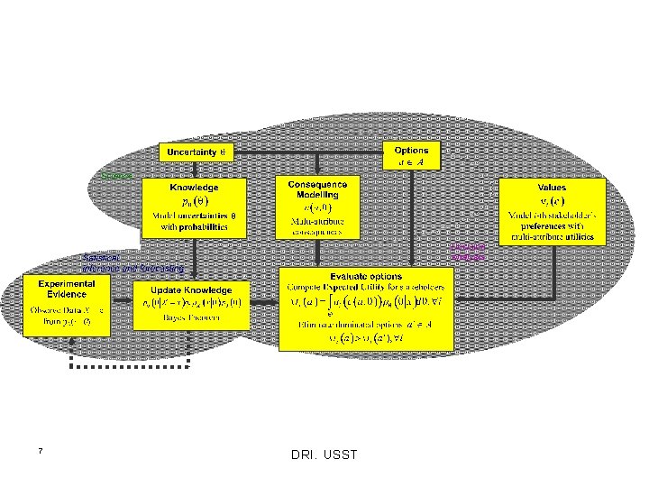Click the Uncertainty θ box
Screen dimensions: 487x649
[x=197, y=152]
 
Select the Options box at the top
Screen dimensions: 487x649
[x=411, y=155]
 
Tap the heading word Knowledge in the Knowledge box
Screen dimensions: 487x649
[x=194, y=187]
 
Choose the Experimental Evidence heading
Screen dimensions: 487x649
[x=67, y=289]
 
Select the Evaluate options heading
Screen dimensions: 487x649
[x=366, y=275]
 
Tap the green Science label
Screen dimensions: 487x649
[x=118, y=174]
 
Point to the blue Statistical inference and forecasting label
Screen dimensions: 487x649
[x=132, y=262]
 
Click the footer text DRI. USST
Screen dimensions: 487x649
[x=324, y=455]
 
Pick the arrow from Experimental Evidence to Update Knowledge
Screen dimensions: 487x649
[x=122, y=305]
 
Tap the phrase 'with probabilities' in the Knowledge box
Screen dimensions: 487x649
[x=194, y=228]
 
